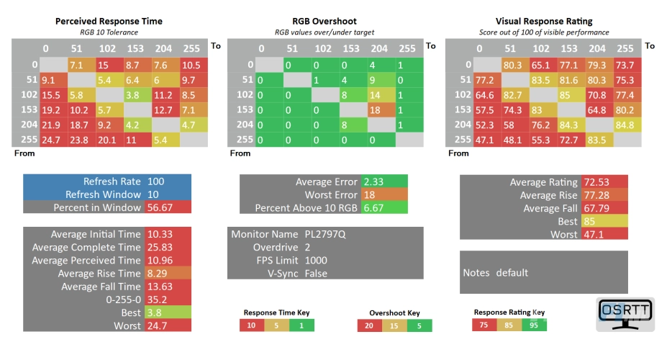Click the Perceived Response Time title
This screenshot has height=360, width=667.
pos(109,21)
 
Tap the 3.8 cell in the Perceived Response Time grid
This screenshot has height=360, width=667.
pos(133,94)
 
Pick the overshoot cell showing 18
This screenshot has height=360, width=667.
pos(374,109)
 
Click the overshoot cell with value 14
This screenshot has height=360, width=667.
pos(374,94)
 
